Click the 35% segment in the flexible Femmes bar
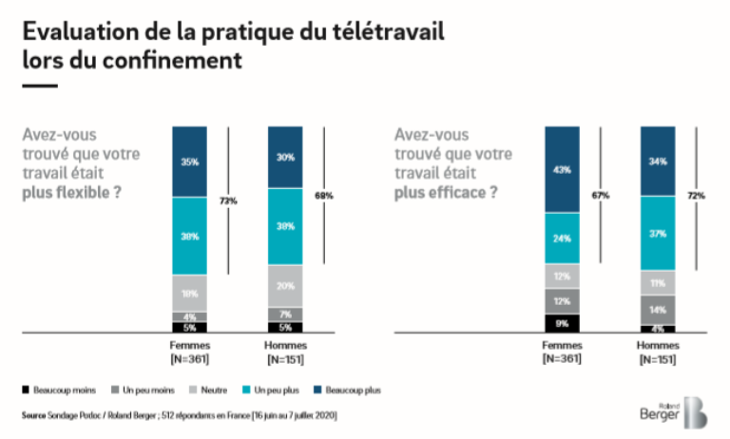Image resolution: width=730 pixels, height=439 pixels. click(x=189, y=162)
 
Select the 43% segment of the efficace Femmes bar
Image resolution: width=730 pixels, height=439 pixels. click(x=563, y=169)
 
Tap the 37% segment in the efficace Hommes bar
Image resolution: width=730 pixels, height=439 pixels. click(x=658, y=234)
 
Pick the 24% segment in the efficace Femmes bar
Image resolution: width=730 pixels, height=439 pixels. click(x=563, y=239)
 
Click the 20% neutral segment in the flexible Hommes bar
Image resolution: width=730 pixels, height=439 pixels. click(x=284, y=286)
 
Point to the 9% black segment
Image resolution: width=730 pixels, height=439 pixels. click(x=563, y=324)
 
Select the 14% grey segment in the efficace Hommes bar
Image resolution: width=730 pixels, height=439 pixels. click(x=658, y=310)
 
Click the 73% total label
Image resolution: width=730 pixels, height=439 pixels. click(x=229, y=200)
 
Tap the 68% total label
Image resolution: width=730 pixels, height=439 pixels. click(x=324, y=196)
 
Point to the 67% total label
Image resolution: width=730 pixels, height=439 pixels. click(x=602, y=195)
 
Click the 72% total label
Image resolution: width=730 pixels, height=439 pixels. click(x=697, y=195)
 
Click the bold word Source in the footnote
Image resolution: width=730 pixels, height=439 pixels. click(x=35, y=415)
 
